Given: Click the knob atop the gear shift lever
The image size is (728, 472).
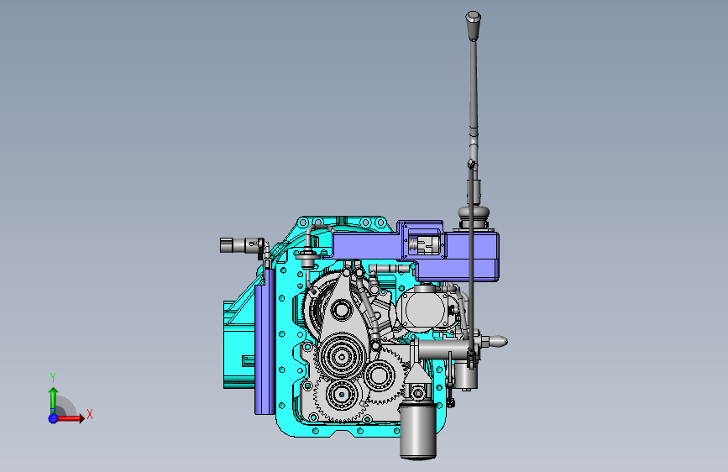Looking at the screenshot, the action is coord(473,26).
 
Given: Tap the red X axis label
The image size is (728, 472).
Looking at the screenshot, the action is coord(90,414).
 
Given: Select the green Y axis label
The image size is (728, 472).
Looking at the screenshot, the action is coord(53,377).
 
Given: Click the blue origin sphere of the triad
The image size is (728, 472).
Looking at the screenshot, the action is coord(53,418).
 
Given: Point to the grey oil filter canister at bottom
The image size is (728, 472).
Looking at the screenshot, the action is coord(418,431).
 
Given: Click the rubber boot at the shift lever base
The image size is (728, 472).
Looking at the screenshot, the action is coord(473,217).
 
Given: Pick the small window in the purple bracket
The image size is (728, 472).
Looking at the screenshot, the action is coord(424,244).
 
